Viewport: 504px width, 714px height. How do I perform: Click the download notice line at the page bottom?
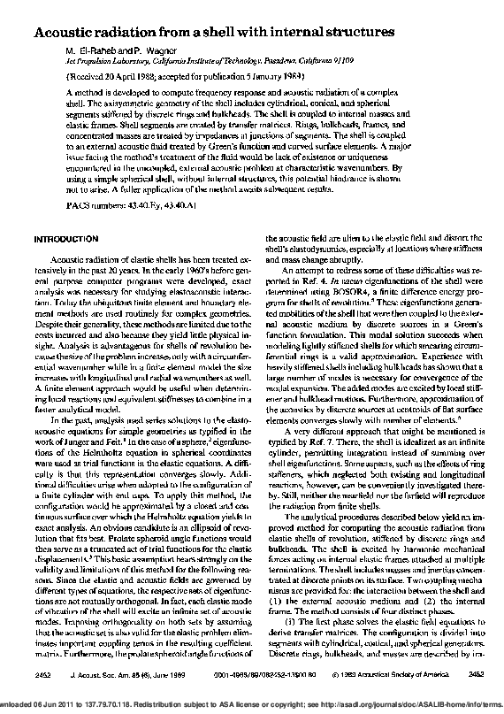[252, 703]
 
